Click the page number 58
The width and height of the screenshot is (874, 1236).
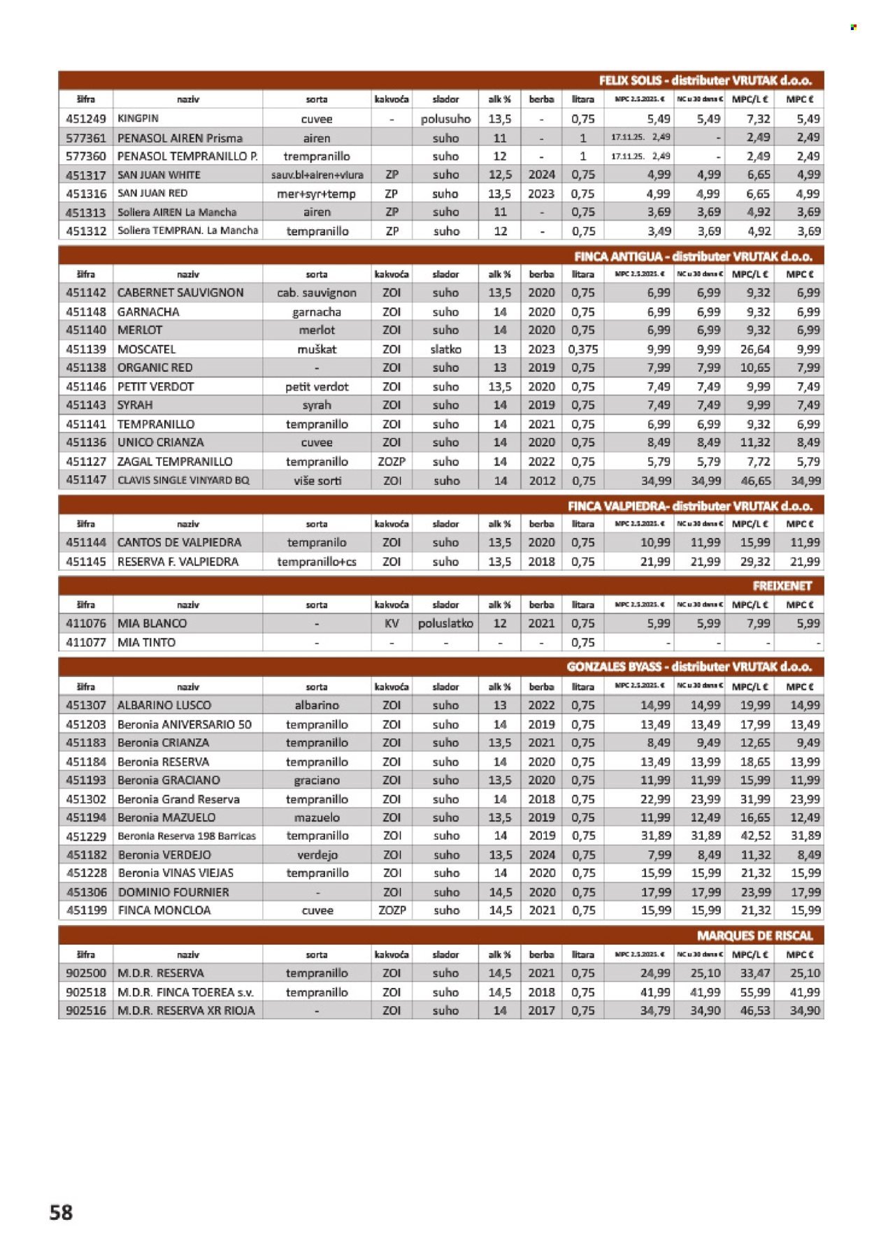pyautogui.click(x=61, y=1212)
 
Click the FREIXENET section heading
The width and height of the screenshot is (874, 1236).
pyautogui.click(x=782, y=586)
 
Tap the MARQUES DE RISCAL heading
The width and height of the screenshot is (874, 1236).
pyautogui.click(x=754, y=936)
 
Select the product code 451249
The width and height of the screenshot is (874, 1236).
pyautogui.click(x=86, y=119)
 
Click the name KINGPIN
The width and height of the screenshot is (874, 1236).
pyautogui.click(x=138, y=119)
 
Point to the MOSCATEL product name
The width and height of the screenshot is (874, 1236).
pyautogui.click(x=147, y=349)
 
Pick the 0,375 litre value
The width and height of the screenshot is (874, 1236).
pyautogui.click(x=583, y=349)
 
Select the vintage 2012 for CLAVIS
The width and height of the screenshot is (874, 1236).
pyautogui.click(x=542, y=481)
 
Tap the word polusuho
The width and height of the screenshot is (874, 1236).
pyautogui.click(x=445, y=119)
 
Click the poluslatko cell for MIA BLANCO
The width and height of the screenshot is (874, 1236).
pyautogui.click(x=445, y=623)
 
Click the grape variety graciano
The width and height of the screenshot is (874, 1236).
pyautogui.click(x=317, y=780)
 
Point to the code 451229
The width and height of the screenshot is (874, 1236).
pyautogui.click(x=86, y=836)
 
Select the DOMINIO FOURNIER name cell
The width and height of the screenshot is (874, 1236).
pyautogui.click(x=173, y=892)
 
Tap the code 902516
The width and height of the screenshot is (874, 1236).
pyautogui.click(x=86, y=1010)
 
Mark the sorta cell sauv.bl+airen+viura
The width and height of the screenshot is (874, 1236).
pyautogui.click(x=317, y=175)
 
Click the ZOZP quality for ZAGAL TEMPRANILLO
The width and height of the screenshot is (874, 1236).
pyautogui.click(x=392, y=462)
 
